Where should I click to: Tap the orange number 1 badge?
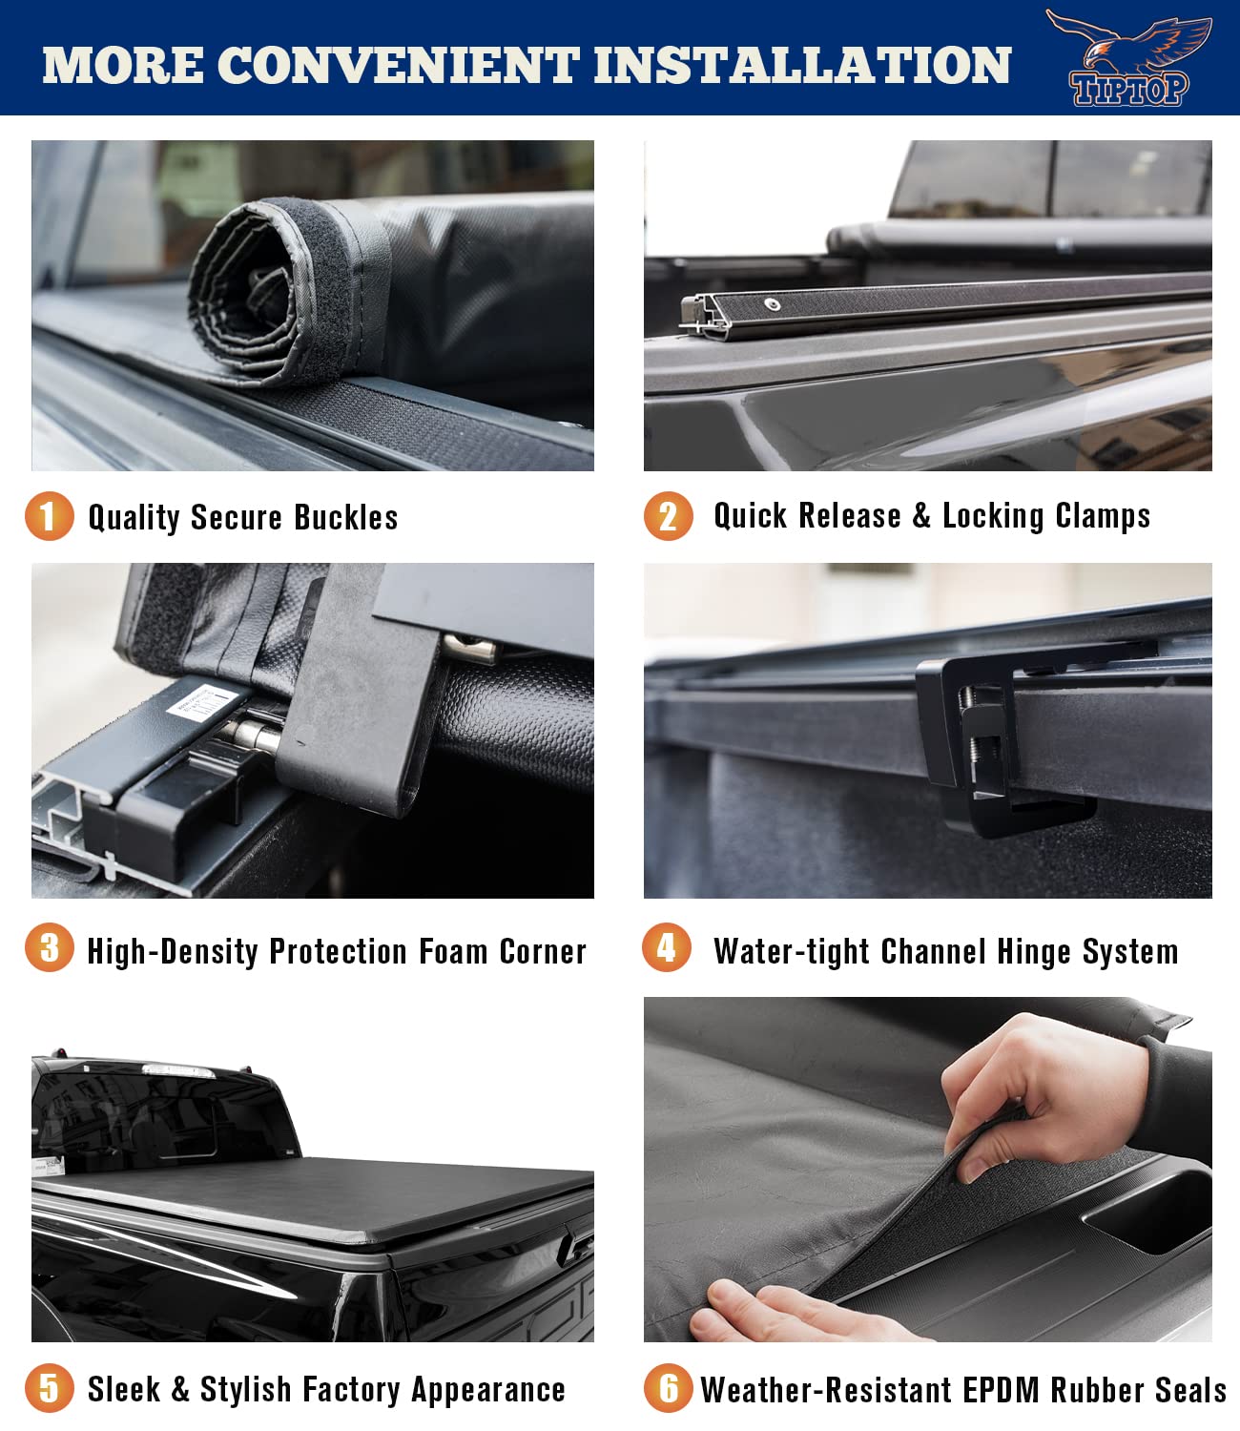pos(49,515)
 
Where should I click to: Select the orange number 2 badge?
pos(668,516)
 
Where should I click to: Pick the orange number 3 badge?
pos(49,948)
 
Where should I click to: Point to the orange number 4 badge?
pos(667,948)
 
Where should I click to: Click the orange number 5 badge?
pos(49,1387)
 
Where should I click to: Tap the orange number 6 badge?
pos(668,1387)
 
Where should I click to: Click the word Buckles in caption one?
pos(345,517)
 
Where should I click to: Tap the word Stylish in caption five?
pos(245,1389)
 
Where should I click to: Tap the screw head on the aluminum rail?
pos(773,305)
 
